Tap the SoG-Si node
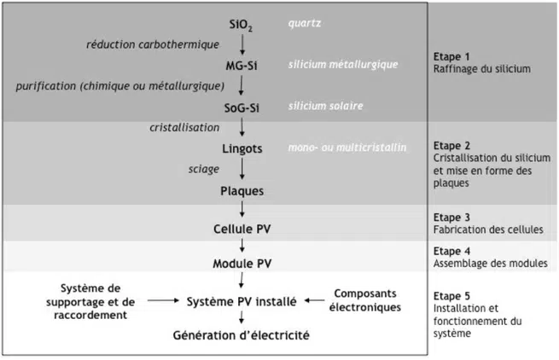pyautogui.click(x=242, y=106)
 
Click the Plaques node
pyautogui.click(x=242, y=190)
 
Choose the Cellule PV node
pyautogui.click(x=243, y=229)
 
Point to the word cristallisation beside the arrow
pyautogui.click(x=182, y=127)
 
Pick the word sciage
pyautogui.click(x=204, y=169)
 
